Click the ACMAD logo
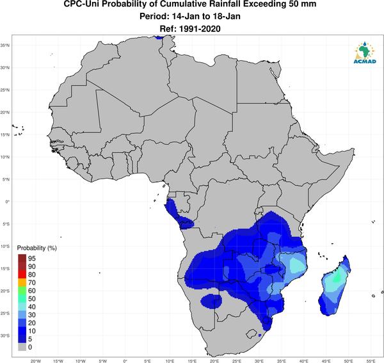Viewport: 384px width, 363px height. click(x=365, y=52)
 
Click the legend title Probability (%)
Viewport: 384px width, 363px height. click(x=36, y=248)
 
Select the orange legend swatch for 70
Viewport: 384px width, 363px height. click(x=22, y=283)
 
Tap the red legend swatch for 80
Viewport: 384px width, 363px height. click(x=22, y=275)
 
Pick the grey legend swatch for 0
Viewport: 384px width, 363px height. click(x=22, y=347)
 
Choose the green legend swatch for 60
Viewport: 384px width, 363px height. click(x=22, y=291)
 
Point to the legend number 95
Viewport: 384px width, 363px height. click(x=32, y=259)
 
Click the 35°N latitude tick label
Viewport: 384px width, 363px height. click(x=5, y=45)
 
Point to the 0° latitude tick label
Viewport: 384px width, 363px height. click(x=7, y=202)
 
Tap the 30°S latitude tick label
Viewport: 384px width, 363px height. click(x=5, y=335)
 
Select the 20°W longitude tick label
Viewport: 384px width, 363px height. click(x=36, y=361)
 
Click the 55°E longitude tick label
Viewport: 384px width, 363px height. click(x=371, y=361)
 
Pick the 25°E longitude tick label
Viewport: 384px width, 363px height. click(x=237, y=361)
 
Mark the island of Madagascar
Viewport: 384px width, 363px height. click(x=335, y=286)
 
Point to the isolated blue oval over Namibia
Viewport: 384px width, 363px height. click(x=211, y=300)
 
